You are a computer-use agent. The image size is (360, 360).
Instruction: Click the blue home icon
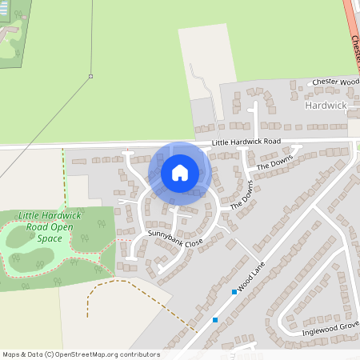[180, 173]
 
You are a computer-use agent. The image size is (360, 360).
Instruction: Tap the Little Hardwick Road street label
[246, 142]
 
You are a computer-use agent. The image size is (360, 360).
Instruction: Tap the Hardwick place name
[325, 105]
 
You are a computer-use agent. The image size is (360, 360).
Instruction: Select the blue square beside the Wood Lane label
[234, 292]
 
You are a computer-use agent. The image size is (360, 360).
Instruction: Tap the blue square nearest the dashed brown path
[215, 320]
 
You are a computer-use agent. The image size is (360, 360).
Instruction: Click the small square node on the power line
[90, 77]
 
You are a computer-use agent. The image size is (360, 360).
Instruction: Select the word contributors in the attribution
[139, 354]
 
